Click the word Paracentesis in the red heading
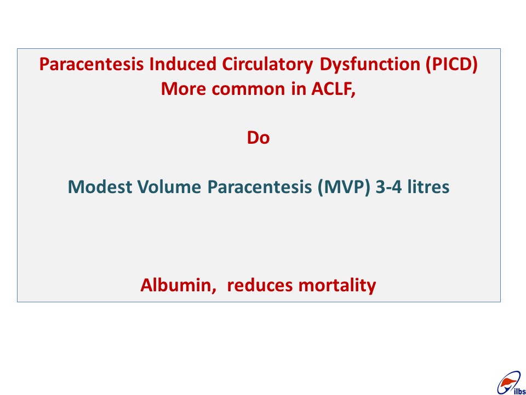pyautogui.click(x=92, y=64)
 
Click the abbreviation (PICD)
pyautogui.click(x=451, y=64)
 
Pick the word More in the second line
pyautogui.click(x=184, y=89)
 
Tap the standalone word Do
pyautogui.click(x=258, y=137)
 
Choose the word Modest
pyautogui.click(x=100, y=187)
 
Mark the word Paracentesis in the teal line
pyautogui.click(x=260, y=187)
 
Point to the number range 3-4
pyautogui.click(x=389, y=187)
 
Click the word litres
pyautogui.click(x=428, y=187)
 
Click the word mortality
pyautogui.click(x=337, y=286)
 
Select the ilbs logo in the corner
pyautogui.click(x=511, y=383)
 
